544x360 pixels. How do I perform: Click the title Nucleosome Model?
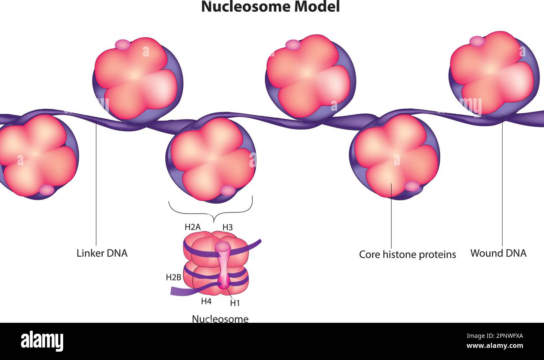pyautogui.click(x=270, y=7)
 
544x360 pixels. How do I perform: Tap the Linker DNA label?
pyautogui.click(x=102, y=253)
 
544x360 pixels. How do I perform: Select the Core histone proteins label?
pyautogui.click(x=407, y=254)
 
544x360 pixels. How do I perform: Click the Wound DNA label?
pyautogui.click(x=498, y=253)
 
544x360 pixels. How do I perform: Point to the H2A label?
pyautogui.click(x=192, y=227)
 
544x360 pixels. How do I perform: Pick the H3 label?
pyautogui.click(x=227, y=227)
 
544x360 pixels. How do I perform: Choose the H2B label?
pyautogui.click(x=173, y=277)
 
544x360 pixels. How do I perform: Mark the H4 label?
pyautogui.click(x=206, y=301)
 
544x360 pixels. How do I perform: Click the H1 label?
pyautogui.click(x=235, y=303)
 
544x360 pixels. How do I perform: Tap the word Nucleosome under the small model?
pyautogui.click(x=220, y=319)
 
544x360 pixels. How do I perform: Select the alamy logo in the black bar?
pyautogui.click(x=42, y=341)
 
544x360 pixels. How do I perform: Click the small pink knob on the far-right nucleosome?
pyautogui.click(x=477, y=41)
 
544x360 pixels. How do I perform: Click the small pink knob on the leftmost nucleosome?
pyautogui.click(x=46, y=190)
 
